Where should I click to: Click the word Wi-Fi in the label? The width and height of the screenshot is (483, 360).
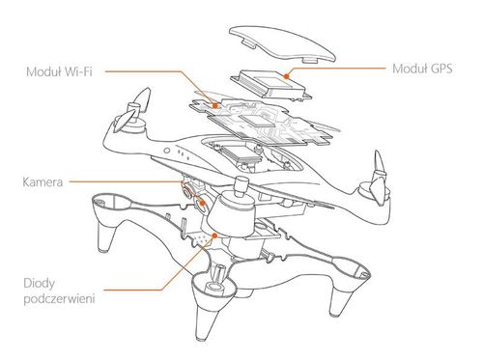[81, 69]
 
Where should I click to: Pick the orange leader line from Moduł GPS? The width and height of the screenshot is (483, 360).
[338, 69]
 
